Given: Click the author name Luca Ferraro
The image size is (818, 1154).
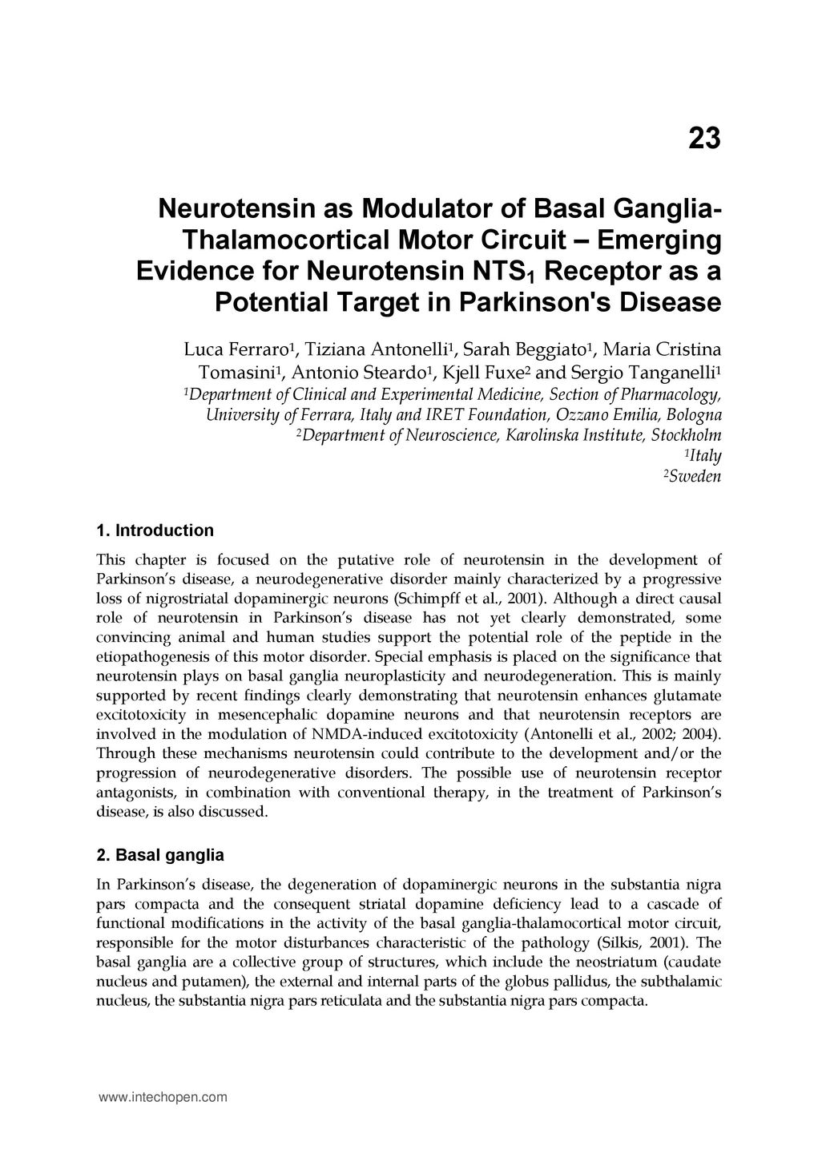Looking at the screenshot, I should tap(236, 350).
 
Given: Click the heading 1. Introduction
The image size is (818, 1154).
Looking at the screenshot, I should tap(155, 531).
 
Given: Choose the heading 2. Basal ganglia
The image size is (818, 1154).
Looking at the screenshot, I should tap(159, 855).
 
